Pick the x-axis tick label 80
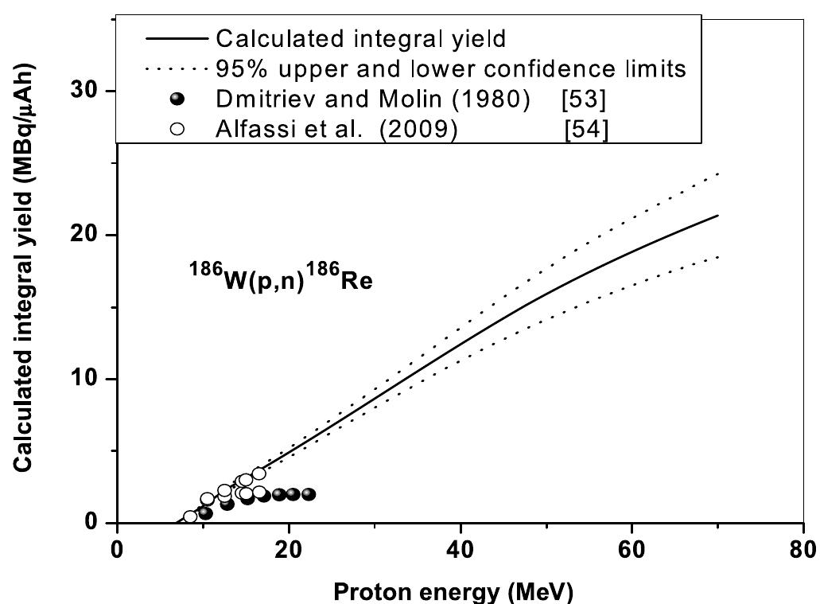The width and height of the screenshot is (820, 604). pyautogui.click(x=803, y=551)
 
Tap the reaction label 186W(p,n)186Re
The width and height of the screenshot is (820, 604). pyautogui.click(x=280, y=280)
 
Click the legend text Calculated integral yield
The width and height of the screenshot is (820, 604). pyautogui.click(x=361, y=37)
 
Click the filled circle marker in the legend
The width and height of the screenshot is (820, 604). pyautogui.click(x=177, y=99)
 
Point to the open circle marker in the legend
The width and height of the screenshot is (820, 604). pyautogui.click(x=177, y=129)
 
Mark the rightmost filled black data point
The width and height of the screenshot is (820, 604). pyautogui.click(x=309, y=494)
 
